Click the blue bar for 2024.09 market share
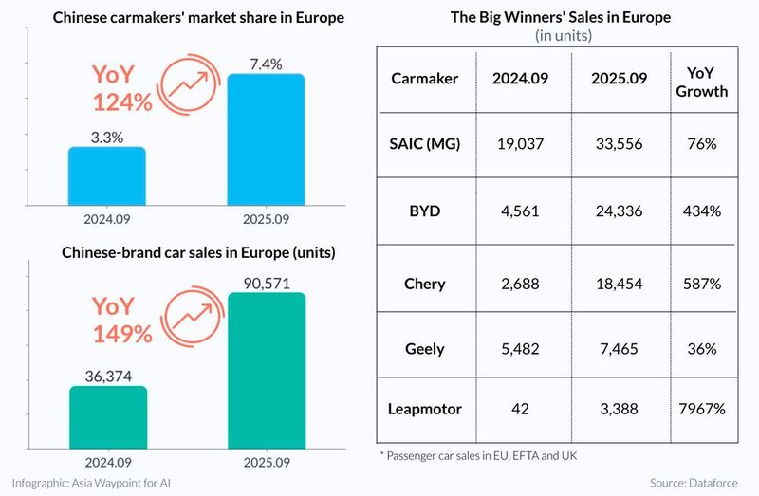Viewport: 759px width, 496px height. point(106,175)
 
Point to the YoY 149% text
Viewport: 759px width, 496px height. point(122,320)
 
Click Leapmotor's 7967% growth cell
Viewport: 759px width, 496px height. point(703,410)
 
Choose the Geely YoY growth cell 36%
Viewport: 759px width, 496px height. point(703,348)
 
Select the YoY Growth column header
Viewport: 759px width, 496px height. point(703,83)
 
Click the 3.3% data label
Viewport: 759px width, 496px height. point(106,138)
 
